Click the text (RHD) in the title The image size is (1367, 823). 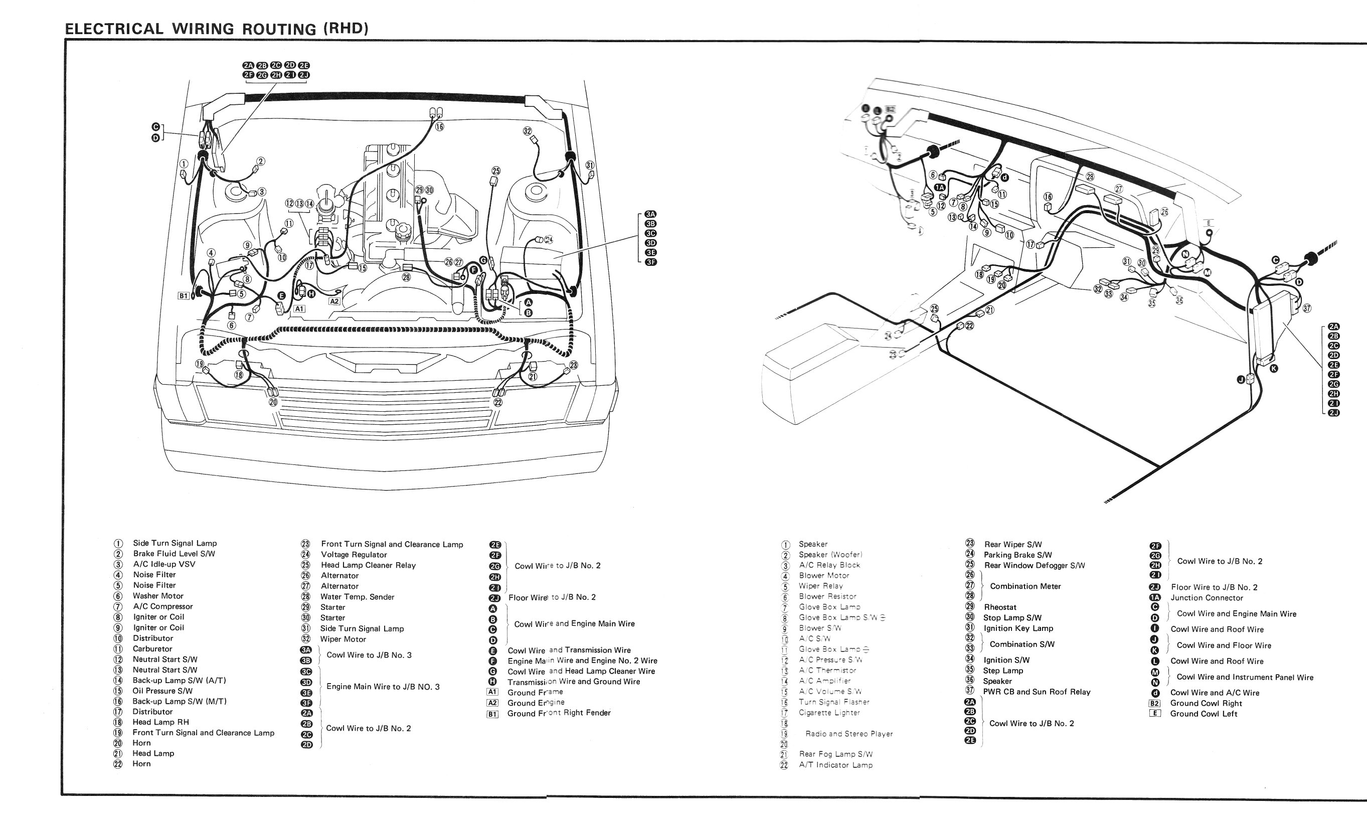click(x=346, y=28)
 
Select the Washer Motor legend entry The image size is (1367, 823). click(x=158, y=596)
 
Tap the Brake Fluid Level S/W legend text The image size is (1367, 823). click(x=174, y=554)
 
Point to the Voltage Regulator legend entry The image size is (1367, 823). click(x=354, y=555)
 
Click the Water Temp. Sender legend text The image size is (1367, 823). click(x=357, y=597)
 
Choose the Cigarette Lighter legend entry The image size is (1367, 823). click(x=829, y=713)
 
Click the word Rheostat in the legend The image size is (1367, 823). click(x=1000, y=607)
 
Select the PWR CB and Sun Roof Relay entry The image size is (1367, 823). click(x=1036, y=692)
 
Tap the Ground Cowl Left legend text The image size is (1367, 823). click(x=1204, y=714)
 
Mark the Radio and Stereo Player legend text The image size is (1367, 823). click(x=848, y=734)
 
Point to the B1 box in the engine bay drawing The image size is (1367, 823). click(x=184, y=296)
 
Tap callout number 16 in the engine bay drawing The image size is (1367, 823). click(x=440, y=127)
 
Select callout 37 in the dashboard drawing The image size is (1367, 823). click(x=1307, y=308)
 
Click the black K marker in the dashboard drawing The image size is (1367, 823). click(x=1274, y=368)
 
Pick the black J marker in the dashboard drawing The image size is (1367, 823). click(x=1241, y=379)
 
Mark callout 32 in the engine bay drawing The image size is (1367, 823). click(x=527, y=131)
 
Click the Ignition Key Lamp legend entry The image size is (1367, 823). click(x=1018, y=628)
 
